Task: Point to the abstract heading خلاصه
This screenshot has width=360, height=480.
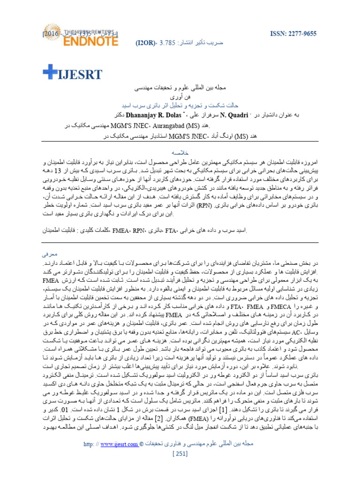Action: [180, 152]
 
